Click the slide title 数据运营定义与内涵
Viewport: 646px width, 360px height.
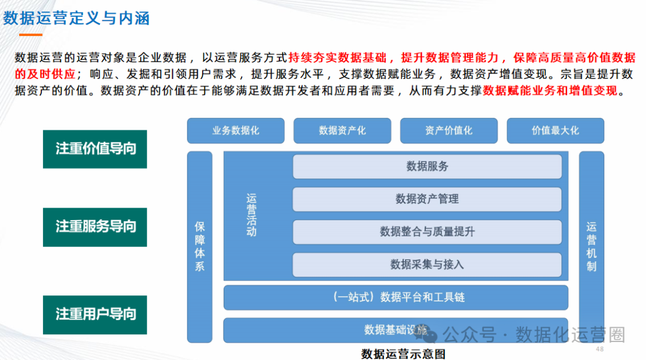pos(77,18)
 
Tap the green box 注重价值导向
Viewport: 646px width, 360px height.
pos(95,149)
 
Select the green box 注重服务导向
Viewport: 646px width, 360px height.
pos(95,227)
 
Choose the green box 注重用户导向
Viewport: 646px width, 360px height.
pos(95,315)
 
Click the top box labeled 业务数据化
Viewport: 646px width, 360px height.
pos(235,130)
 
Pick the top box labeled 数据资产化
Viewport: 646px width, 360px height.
pos(342,130)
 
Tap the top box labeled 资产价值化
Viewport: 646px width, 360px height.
pos(449,130)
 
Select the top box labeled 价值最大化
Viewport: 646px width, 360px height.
pos(555,130)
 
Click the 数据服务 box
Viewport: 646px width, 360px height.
pos(427,166)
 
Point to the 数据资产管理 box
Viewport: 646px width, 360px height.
pos(427,199)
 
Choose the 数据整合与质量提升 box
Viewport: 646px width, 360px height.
pos(427,231)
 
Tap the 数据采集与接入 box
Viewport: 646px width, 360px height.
pos(427,264)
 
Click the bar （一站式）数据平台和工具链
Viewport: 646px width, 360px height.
pos(395,297)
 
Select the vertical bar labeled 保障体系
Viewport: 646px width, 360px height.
pos(200,246)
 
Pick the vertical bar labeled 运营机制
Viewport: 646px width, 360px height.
pos(591,246)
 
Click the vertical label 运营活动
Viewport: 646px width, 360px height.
pos(251,215)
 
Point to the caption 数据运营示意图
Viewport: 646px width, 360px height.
pos(403,353)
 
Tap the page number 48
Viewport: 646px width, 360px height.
pos(600,349)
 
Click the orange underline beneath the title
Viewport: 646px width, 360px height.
pos(31,35)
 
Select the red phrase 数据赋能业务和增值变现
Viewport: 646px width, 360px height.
pos(553,91)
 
